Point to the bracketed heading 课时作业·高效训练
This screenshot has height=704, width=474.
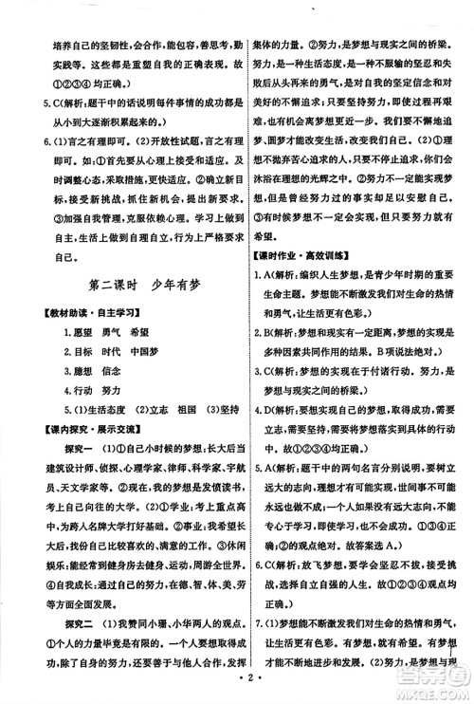pos(305,260)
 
